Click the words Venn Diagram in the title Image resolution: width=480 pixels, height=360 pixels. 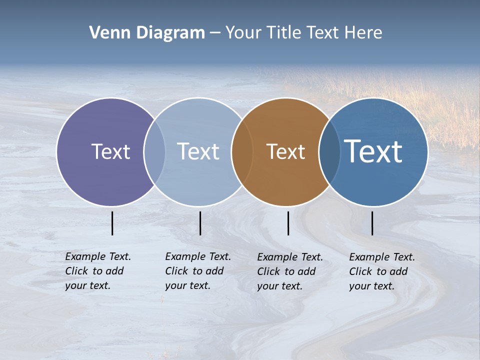[x=147, y=33]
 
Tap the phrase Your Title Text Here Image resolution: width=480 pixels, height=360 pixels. [x=303, y=33]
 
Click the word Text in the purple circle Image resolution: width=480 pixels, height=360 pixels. [x=110, y=151]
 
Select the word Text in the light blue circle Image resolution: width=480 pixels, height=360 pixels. [x=198, y=151]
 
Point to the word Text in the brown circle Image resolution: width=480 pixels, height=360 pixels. [x=285, y=151]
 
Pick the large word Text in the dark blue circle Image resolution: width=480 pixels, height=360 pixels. [x=373, y=151]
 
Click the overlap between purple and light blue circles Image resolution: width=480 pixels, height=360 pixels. [x=154, y=152]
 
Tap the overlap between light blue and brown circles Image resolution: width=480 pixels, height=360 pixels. [x=241, y=152]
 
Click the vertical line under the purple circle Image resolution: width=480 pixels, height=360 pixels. [x=112, y=223]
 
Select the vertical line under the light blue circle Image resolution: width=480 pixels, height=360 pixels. [x=200, y=223]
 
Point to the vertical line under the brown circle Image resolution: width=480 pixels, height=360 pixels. [x=288, y=223]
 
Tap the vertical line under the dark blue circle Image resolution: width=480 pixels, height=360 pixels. [x=372, y=223]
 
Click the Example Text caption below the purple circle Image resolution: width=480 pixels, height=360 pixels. [x=97, y=271]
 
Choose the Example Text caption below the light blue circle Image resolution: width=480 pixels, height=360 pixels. [x=197, y=271]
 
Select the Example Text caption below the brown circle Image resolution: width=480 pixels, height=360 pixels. [x=289, y=271]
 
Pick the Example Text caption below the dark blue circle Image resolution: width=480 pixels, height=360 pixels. [x=381, y=271]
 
